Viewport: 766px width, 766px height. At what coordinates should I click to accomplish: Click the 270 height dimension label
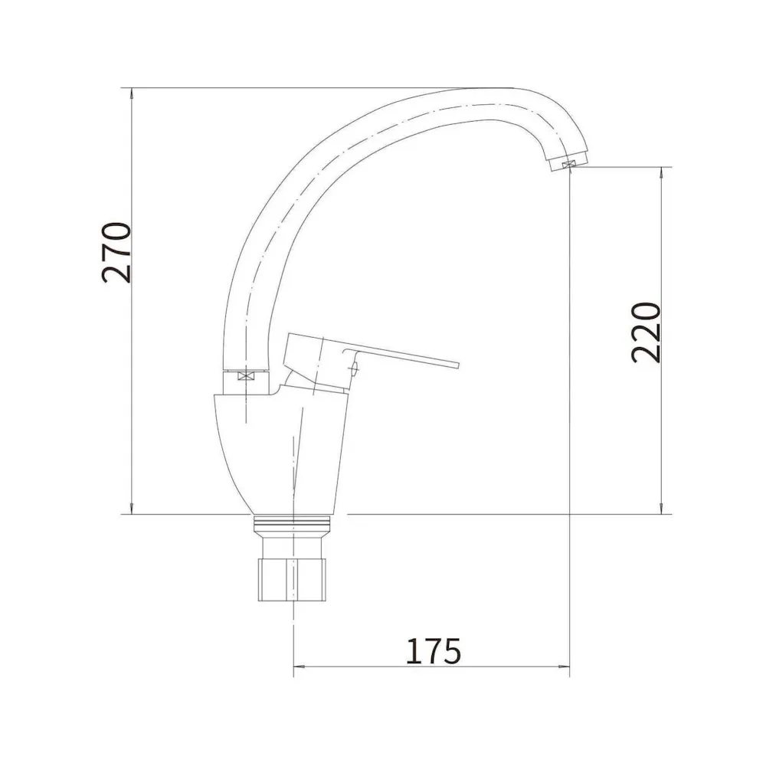click(x=116, y=253)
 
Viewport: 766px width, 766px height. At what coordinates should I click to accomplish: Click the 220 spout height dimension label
click(x=646, y=332)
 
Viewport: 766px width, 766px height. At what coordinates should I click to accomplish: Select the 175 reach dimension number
click(x=434, y=651)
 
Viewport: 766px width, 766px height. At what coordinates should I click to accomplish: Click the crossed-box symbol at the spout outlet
click(x=568, y=165)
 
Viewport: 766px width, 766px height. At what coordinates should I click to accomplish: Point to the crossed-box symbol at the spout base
click(x=246, y=376)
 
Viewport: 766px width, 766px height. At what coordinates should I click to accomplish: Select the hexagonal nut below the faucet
click(x=292, y=579)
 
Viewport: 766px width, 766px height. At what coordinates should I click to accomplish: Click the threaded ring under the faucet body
click(x=292, y=525)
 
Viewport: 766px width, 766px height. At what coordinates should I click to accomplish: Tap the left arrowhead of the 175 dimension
click(x=298, y=666)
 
